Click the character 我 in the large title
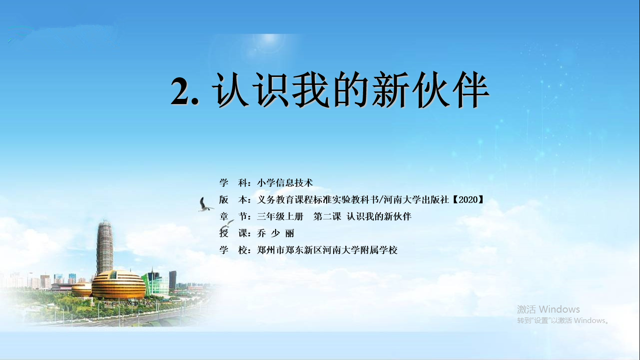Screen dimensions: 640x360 311,90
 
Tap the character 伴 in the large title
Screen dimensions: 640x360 471,90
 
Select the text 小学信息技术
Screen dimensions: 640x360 285,183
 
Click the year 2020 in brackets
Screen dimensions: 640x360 468,200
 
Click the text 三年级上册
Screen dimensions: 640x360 280,217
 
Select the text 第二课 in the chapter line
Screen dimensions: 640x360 327,217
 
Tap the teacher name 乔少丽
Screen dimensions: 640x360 275,233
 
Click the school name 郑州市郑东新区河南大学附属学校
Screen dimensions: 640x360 327,250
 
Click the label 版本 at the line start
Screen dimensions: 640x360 233,200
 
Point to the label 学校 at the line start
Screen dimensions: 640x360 233,250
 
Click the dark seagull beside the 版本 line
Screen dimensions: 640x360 205,205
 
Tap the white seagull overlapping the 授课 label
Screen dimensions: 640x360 227,225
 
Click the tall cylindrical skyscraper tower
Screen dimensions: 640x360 104,247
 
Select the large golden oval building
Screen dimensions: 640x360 118,285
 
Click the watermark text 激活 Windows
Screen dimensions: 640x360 548,309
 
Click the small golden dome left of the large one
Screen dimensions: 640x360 82,289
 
